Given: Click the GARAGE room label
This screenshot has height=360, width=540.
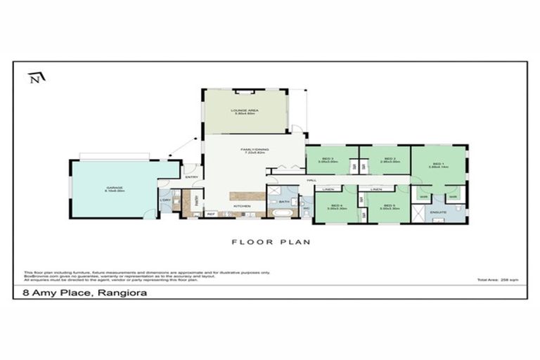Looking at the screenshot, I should [115, 188].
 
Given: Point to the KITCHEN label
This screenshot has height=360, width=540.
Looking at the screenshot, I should [242, 206].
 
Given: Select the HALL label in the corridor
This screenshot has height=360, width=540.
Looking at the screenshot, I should [311, 181].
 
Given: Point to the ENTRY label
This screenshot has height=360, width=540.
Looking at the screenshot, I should [191, 177].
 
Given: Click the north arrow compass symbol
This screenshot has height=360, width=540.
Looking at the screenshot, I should [34, 78].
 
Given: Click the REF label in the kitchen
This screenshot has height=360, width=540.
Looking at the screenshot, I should [210, 214].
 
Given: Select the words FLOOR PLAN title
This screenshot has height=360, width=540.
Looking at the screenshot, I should [271, 242].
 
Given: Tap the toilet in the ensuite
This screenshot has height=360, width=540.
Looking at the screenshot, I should [458, 209].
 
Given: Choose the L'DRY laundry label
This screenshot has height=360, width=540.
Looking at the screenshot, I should [166, 200].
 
